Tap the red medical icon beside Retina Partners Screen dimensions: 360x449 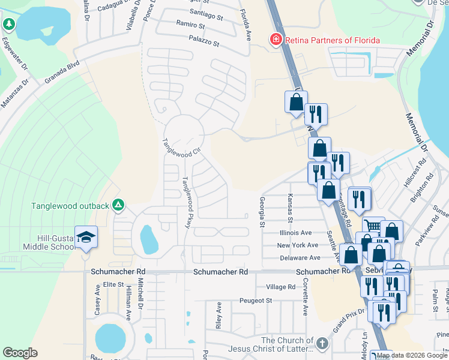point(276,40)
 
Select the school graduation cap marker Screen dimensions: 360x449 point(86,236)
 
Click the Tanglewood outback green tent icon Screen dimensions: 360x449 point(118,206)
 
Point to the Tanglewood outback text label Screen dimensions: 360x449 point(70,206)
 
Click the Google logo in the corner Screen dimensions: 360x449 point(20,353)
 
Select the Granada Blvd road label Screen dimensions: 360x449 point(61,71)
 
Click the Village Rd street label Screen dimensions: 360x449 point(281,287)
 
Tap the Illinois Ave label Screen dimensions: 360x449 point(295,232)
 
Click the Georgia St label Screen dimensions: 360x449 point(262,212)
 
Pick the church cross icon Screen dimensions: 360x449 point(322,344)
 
